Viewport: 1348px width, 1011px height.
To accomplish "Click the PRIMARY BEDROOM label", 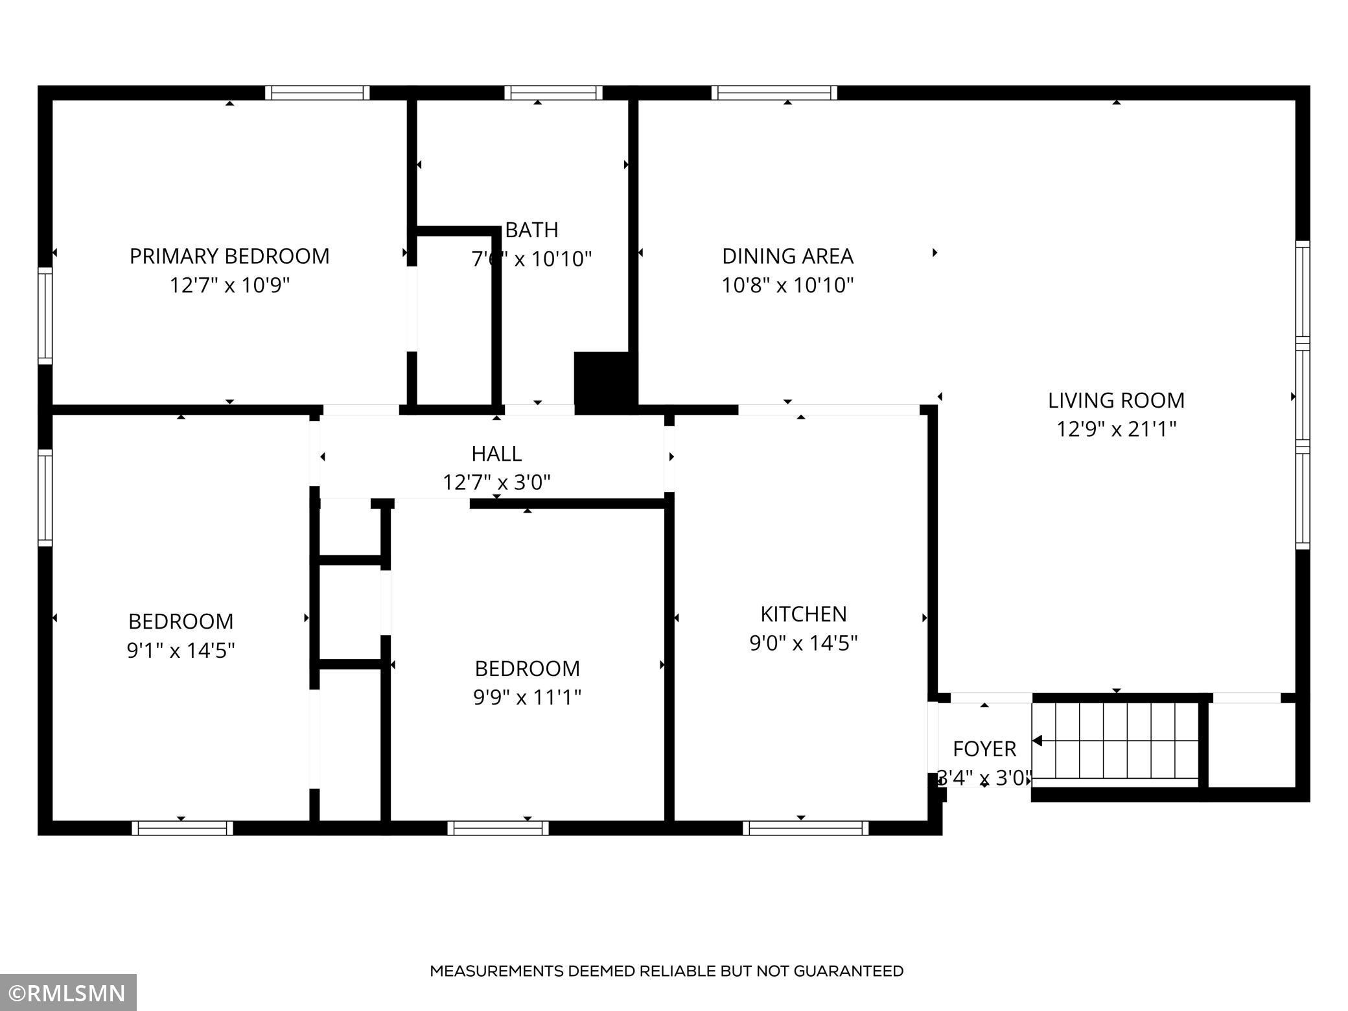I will [x=229, y=256].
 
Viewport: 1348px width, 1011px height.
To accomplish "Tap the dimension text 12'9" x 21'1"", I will [x=1116, y=429].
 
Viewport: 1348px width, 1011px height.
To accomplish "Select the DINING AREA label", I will [x=787, y=256].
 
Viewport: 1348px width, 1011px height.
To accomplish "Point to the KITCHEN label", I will [x=803, y=614].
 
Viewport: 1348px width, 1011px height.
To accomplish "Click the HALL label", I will [x=496, y=454].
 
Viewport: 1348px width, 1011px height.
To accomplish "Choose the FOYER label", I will [x=984, y=749].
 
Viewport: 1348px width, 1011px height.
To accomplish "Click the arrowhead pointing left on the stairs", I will [x=1037, y=741].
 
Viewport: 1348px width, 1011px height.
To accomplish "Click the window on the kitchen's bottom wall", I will [x=805, y=828].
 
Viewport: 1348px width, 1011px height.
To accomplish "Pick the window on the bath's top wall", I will [x=553, y=93].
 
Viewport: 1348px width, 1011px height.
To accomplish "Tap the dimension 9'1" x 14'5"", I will [x=181, y=650].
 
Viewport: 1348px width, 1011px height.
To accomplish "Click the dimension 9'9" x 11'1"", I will [x=527, y=697].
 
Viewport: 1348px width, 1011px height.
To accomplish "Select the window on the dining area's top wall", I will [x=774, y=93].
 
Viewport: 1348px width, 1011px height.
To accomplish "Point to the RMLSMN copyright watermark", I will [x=68, y=994].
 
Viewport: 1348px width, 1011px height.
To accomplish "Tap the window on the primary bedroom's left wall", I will [x=45, y=316].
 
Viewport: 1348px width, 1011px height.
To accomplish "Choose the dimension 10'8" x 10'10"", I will [x=787, y=285].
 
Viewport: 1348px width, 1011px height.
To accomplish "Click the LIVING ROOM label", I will [x=1116, y=401].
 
